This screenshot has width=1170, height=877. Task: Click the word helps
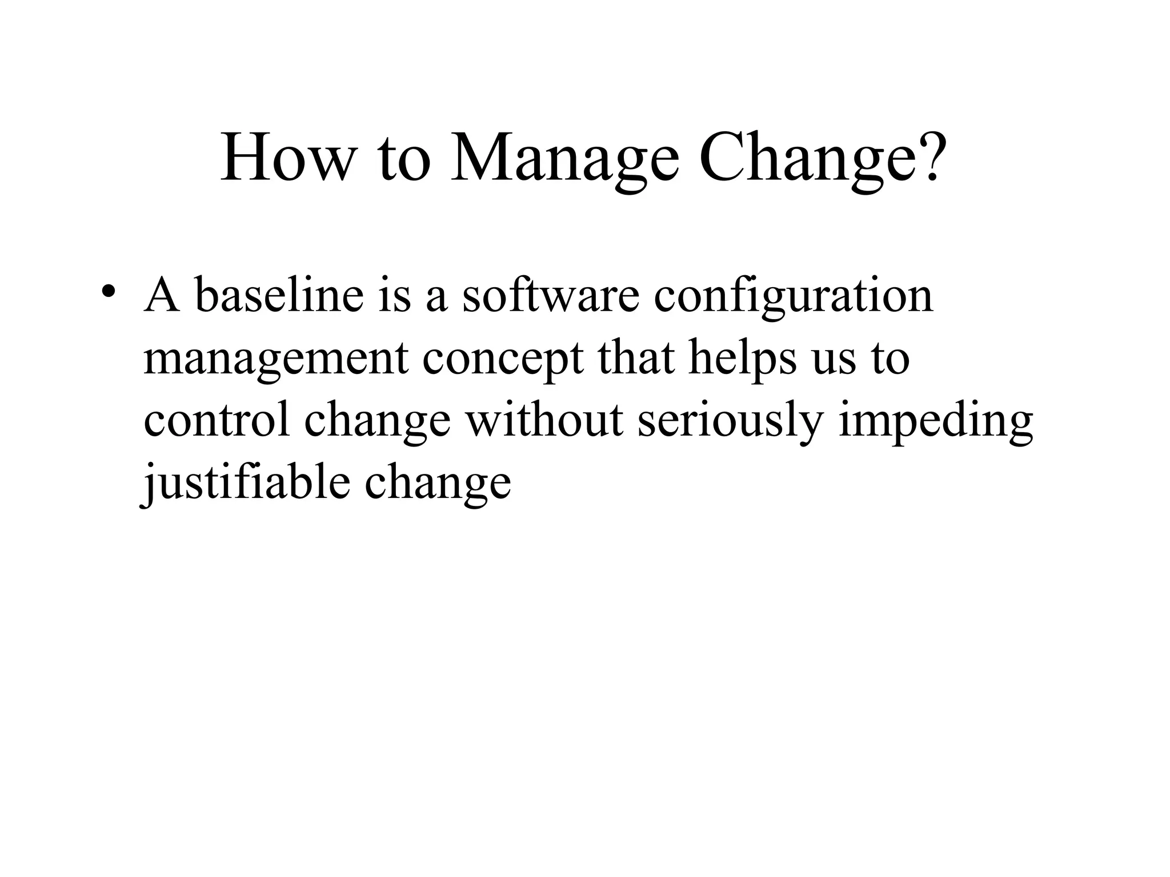click(742, 359)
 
